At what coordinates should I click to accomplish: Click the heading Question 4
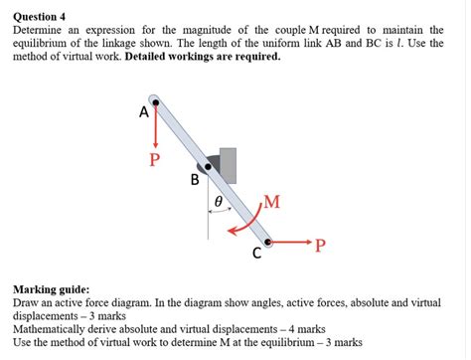pos(39,17)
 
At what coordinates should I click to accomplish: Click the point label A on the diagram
pos(144,112)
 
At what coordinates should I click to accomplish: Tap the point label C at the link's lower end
pos(256,254)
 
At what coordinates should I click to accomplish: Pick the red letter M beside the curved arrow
pos(272,203)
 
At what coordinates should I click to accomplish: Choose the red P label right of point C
pos(320,247)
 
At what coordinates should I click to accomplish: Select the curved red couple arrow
pos(243,225)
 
